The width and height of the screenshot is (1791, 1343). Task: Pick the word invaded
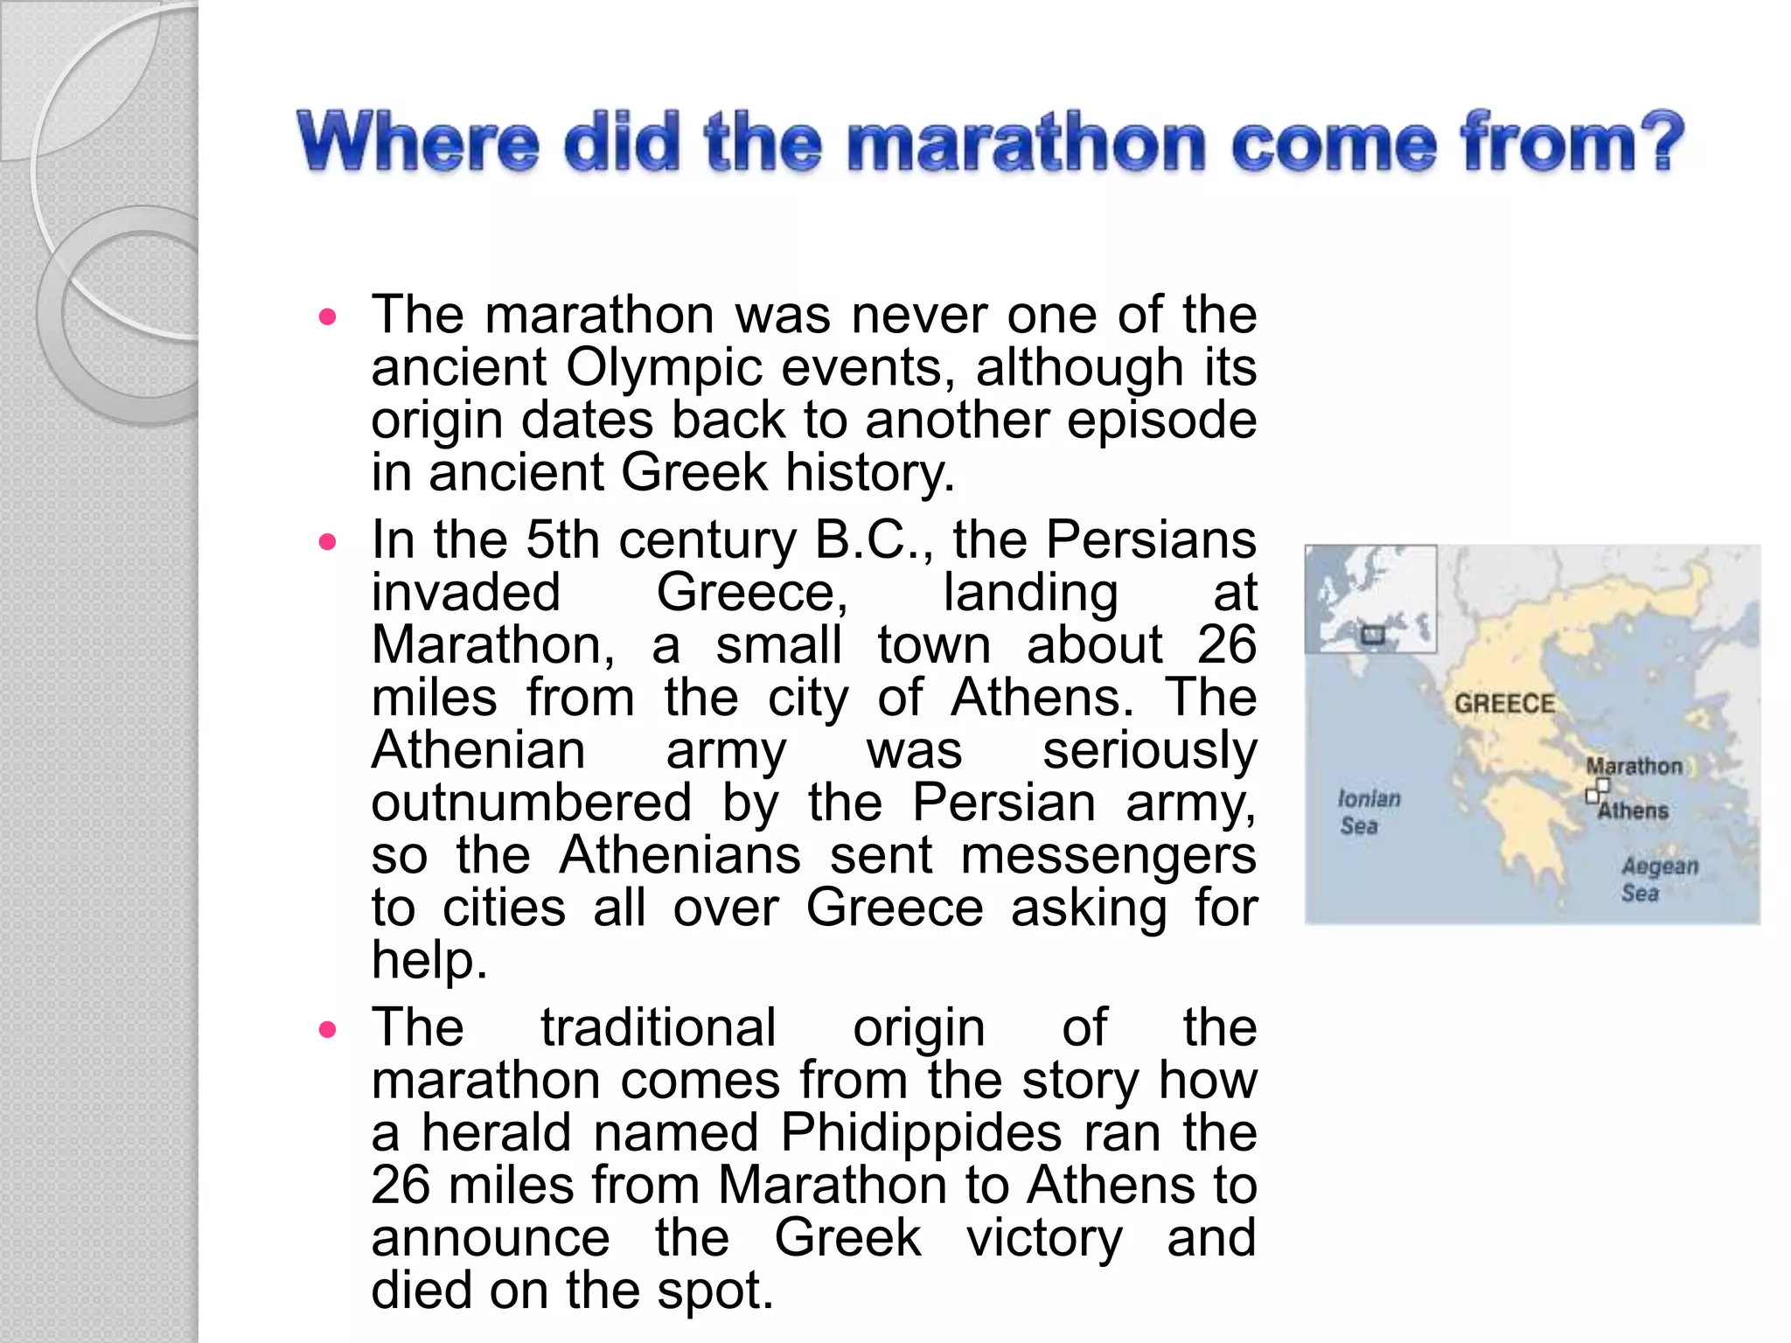465,593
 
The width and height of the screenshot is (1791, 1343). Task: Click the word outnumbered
531,803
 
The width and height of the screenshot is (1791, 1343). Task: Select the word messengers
1108,856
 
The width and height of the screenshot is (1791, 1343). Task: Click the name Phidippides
921,1133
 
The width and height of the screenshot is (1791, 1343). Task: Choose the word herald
497,1133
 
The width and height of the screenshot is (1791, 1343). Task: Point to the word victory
1044,1238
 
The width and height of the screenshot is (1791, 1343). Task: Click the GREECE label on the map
1504,704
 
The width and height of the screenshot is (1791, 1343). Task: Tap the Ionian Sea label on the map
1368,812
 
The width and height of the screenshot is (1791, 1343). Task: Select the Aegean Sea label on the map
1659,880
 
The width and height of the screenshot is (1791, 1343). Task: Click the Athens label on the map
1633,811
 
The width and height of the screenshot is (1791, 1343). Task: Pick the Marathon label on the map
1634,766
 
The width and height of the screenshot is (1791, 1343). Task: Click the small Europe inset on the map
1370,599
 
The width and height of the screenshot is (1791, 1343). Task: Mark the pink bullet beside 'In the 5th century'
328,542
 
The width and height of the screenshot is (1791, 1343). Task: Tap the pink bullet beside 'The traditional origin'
328,1029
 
